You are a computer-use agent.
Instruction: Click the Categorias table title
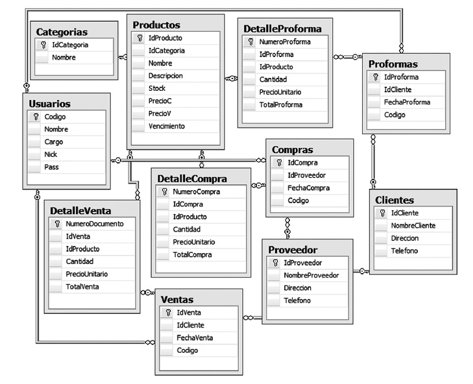(x=62, y=31)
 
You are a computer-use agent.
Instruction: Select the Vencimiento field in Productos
(x=167, y=126)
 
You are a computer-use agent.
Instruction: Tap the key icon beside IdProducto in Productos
(x=140, y=38)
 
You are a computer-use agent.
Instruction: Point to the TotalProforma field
(x=281, y=104)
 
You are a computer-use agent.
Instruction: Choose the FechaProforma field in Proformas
(x=407, y=102)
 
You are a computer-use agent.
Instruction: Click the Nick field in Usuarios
(x=51, y=154)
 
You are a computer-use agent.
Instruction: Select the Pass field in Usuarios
(x=51, y=167)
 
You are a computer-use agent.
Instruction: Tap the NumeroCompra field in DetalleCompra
(x=196, y=191)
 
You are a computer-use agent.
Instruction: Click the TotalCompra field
(x=192, y=255)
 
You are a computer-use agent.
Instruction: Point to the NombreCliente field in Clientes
(x=413, y=225)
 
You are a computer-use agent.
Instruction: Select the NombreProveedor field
(x=311, y=275)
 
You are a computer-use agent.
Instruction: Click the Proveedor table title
(x=293, y=250)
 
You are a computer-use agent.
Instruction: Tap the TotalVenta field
(x=82, y=287)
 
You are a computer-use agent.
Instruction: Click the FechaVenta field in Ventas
(x=195, y=337)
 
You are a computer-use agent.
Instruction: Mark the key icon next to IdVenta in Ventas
(x=167, y=313)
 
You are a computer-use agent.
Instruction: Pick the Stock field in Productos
(x=157, y=88)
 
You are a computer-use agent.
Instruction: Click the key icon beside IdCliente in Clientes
(x=383, y=213)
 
